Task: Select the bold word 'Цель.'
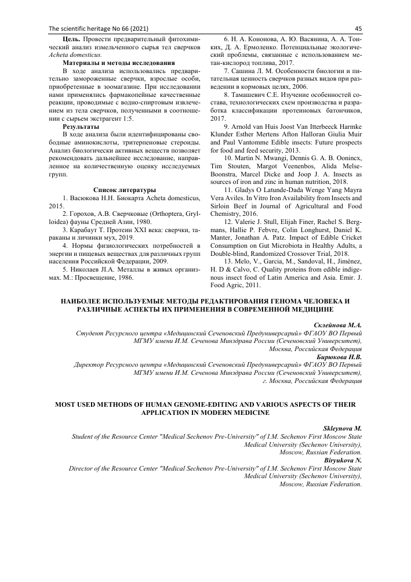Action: point(73,38)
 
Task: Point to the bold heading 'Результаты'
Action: point(81,126)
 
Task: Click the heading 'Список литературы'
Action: point(125,190)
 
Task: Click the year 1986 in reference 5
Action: point(123,277)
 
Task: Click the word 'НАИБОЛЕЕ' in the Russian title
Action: point(91,301)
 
